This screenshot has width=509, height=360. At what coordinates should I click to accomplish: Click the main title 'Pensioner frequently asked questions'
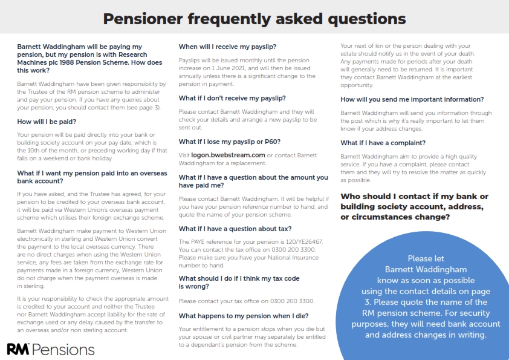254,18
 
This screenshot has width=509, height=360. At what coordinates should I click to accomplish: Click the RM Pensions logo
51,349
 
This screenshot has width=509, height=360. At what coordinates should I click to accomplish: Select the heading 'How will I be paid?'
47,122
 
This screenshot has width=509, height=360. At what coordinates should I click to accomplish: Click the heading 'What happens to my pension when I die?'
244,316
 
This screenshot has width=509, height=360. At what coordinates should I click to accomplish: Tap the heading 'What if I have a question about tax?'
235,229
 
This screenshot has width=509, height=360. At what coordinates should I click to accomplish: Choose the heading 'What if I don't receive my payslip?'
233,98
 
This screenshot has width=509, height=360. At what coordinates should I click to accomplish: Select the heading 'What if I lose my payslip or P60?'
230,142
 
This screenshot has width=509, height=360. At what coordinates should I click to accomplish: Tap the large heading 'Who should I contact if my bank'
415,197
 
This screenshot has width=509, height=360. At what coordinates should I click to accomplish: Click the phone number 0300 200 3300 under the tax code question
304,301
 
